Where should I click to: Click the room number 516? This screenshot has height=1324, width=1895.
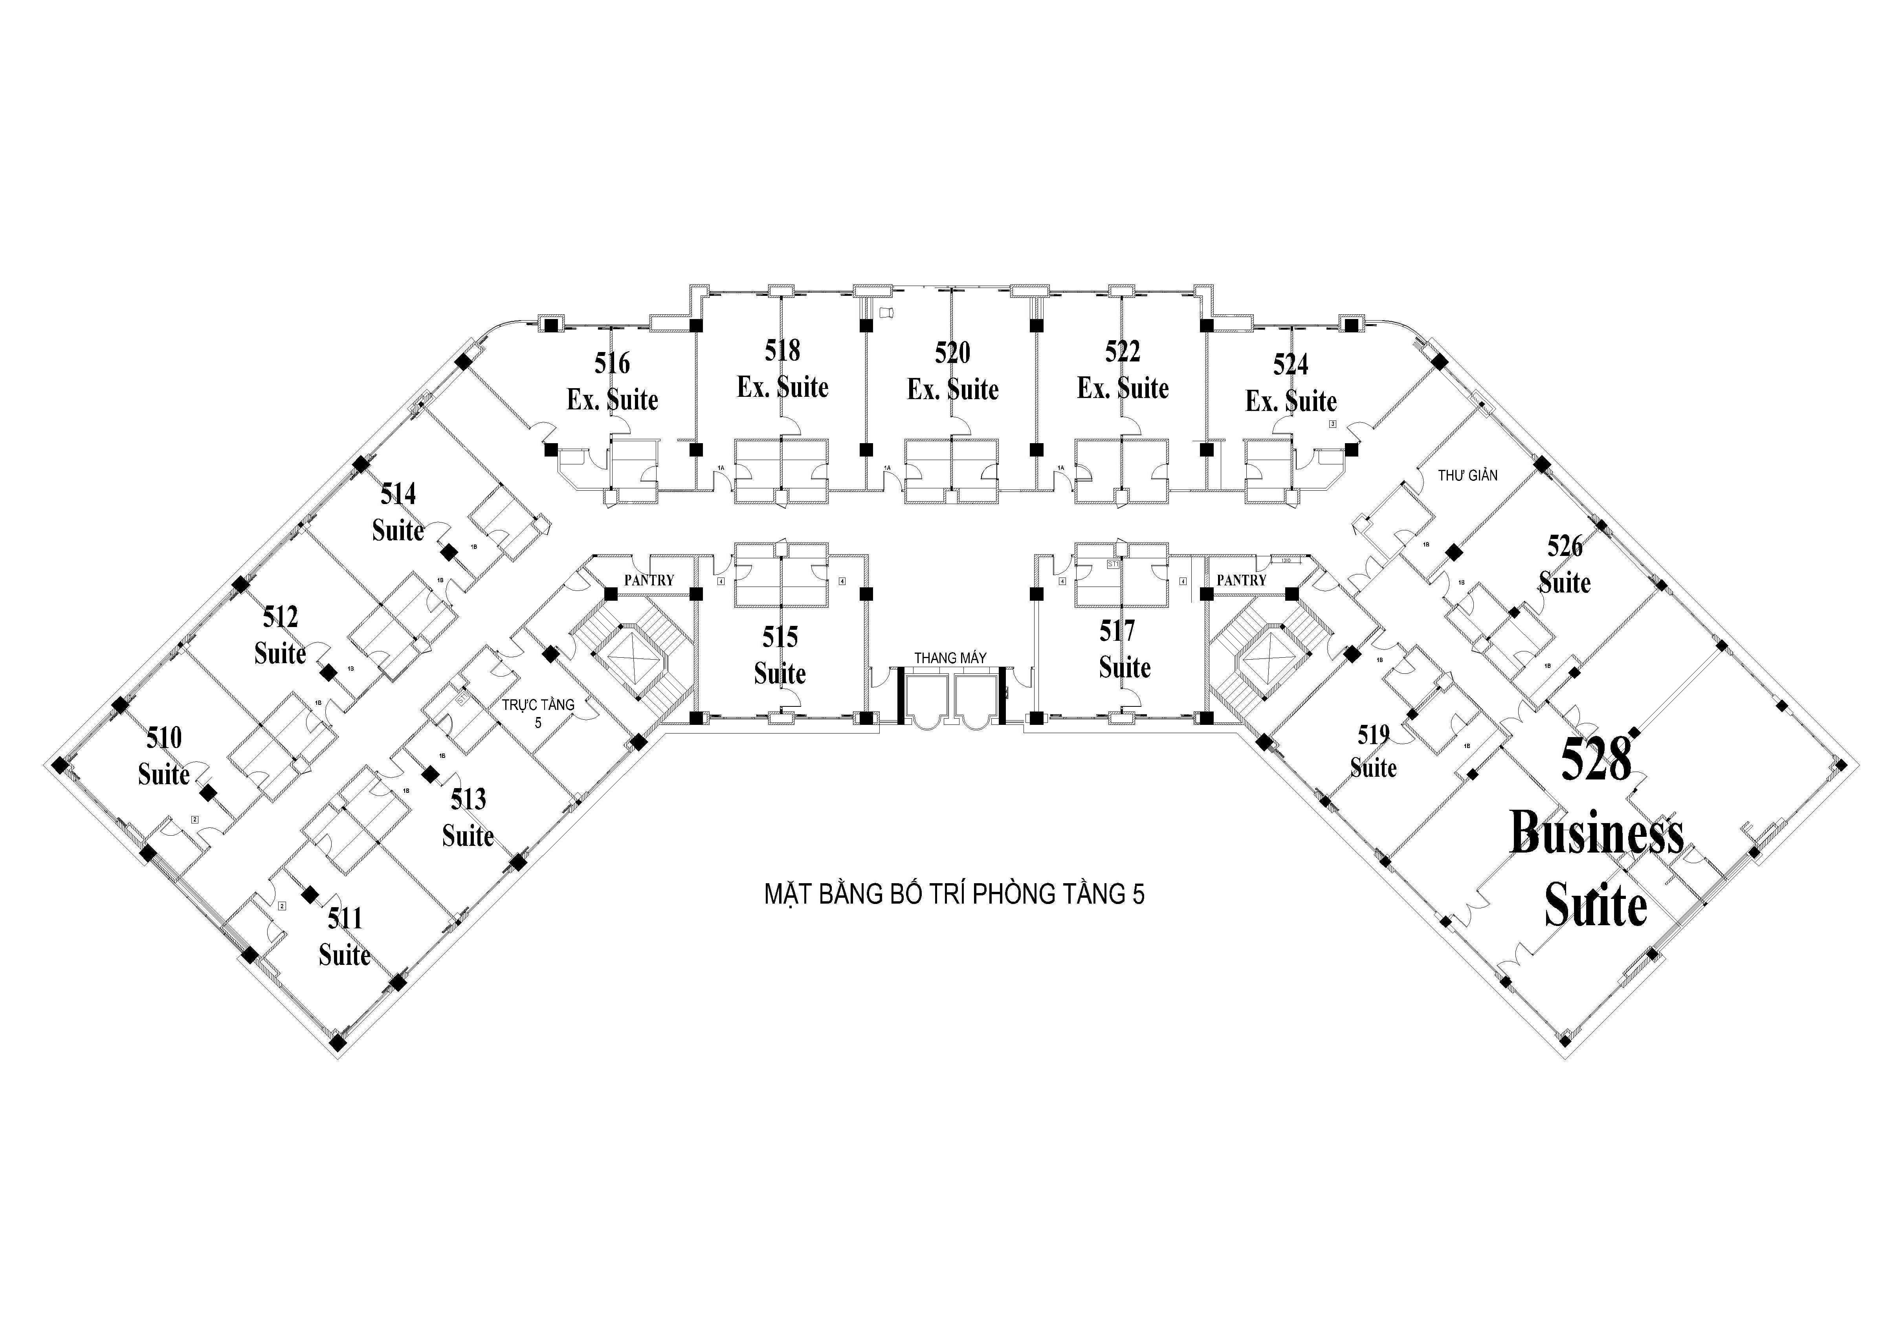[613, 363]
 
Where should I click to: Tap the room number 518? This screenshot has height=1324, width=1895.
[782, 351]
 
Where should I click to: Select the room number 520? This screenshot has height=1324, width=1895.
[952, 353]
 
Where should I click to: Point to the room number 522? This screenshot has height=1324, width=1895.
[1123, 352]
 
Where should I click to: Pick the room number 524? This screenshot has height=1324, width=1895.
[1291, 364]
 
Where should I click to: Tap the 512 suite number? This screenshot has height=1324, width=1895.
[281, 616]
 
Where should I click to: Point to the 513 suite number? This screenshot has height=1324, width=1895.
[468, 799]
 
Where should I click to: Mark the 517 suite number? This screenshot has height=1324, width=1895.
[1117, 631]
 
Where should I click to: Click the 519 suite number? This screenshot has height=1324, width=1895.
[1373, 735]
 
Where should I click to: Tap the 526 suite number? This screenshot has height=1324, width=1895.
[1565, 546]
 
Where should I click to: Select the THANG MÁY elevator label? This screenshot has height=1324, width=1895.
[950, 658]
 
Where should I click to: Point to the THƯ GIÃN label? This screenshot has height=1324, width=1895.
[1468, 475]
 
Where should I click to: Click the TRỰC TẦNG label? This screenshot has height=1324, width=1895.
[538, 705]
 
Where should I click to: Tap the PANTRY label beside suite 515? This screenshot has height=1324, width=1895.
[649, 580]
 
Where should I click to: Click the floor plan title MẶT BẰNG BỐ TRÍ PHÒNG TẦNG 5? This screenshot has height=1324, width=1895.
[954, 895]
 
